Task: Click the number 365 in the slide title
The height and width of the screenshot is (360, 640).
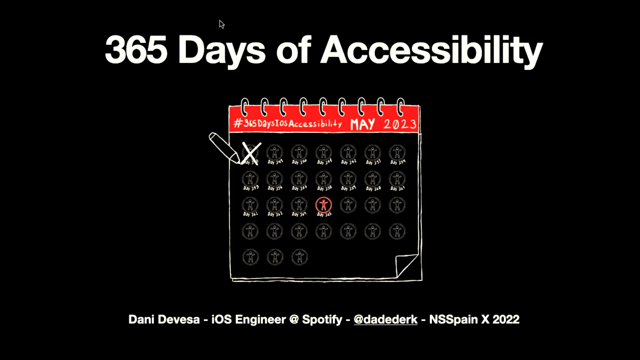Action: point(136,50)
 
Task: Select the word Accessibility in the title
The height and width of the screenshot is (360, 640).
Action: point(432,51)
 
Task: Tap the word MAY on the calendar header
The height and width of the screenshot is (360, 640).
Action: point(362,124)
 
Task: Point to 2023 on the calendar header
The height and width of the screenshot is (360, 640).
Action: point(400,124)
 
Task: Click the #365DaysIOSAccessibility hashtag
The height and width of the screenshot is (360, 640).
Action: point(288,124)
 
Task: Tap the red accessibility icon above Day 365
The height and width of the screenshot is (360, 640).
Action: point(324,205)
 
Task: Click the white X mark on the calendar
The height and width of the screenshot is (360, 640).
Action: point(251,153)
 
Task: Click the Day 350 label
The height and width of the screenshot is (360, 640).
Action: point(299,162)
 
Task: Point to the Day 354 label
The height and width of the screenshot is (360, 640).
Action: point(398,162)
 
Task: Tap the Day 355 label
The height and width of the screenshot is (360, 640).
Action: point(251,188)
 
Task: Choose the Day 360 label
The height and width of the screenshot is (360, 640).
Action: point(373,189)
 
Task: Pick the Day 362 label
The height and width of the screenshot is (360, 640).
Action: point(250,214)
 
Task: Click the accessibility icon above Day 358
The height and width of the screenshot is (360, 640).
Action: point(324,179)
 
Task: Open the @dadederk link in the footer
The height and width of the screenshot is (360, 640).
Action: point(385,319)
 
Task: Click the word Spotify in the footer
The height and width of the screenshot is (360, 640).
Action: point(322,319)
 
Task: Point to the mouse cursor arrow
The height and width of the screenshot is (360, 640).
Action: point(221,24)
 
